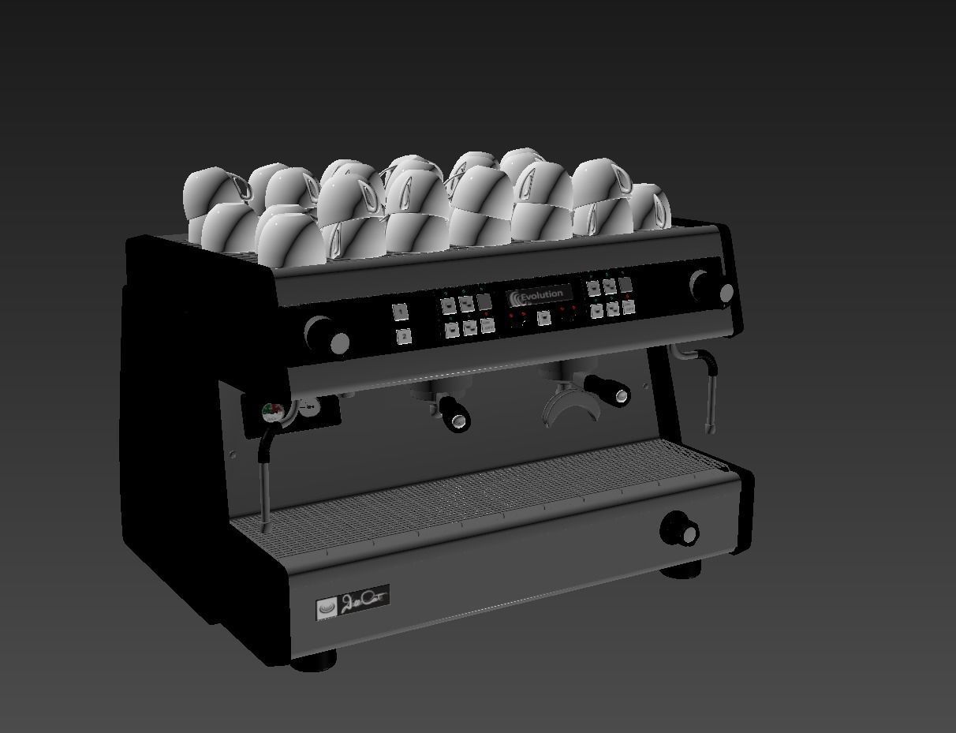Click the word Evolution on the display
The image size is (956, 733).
542,295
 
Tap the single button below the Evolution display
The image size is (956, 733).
543,317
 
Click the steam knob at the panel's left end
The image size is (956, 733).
326,336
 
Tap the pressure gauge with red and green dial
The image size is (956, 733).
273,412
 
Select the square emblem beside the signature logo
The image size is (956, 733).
327,608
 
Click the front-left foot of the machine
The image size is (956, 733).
315,660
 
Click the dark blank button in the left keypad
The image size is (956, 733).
484,301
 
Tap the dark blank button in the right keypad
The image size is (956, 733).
626,285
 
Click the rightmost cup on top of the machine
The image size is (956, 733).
649,207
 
